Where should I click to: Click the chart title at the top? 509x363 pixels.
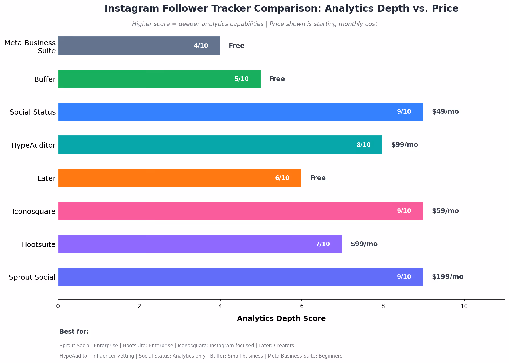tap(281, 9)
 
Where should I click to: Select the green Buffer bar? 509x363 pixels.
tap(159, 79)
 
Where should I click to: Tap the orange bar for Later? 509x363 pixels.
tap(180, 178)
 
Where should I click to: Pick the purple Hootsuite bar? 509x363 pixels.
tap(200, 244)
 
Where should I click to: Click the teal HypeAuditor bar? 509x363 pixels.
tap(220, 145)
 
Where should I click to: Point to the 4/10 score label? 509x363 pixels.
tap(201, 46)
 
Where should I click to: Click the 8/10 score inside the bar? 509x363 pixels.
tap(364, 145)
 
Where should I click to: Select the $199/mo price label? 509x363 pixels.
tap(448, 277)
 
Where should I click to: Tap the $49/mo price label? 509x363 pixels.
tap(445, 111)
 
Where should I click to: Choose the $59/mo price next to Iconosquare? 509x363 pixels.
tap(445, 211)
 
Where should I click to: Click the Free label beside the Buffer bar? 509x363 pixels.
tap(277, 79)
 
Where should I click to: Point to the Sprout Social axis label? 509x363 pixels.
tap(32, 277)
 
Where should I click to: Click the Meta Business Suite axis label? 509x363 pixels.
tap(30, 47)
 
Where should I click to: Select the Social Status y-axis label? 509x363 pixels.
tap(33, 112)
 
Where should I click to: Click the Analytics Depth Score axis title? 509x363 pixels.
tap(281, 319)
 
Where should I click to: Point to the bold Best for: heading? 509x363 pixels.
tap(74, 332)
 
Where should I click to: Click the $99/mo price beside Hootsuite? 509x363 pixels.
tap(364, 244)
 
